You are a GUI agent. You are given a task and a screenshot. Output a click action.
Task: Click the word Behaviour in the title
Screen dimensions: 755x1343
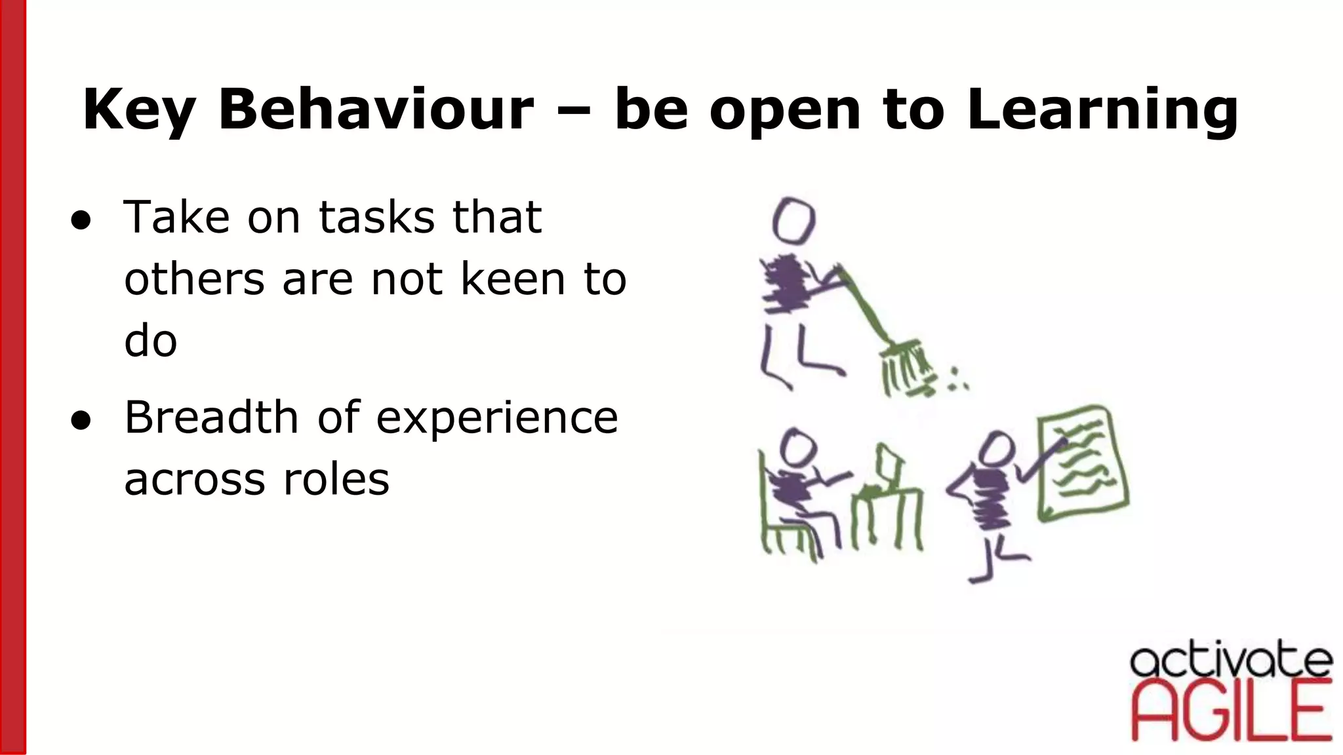pos(376,109)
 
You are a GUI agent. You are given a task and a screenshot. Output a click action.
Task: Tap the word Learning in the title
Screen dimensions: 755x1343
pos(1102,109)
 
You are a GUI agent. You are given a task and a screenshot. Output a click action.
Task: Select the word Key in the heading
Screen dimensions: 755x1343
pos(138,109)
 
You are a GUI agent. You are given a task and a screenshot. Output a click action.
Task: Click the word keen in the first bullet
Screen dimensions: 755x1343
pos(513,279)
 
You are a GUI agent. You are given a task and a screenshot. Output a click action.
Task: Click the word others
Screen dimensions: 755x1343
pos(194,279)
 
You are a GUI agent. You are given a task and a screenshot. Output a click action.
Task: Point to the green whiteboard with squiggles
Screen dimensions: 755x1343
pos(1082,462)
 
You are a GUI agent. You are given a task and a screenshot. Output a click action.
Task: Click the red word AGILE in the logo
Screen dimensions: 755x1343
pos(1231,711)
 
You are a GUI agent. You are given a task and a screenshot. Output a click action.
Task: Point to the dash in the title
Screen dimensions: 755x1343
pos(574,109)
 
